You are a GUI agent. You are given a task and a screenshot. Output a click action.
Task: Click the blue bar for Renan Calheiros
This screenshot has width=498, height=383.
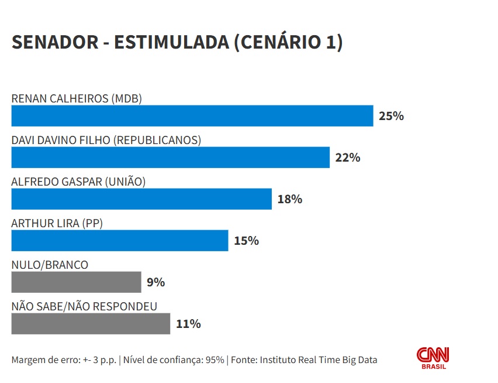pos(192,116)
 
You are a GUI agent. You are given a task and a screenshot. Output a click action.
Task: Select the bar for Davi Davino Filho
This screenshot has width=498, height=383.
pos(170,158)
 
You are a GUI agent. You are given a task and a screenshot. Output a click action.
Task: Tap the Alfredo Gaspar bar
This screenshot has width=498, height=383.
pos(141,199)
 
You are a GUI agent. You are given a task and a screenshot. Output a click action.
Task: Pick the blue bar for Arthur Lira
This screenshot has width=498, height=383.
pos(119,241)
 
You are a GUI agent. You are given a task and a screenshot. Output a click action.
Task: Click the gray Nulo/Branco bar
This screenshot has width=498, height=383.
pos(76,282)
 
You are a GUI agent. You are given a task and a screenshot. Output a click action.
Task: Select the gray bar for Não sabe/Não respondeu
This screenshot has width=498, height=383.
pos(91,324)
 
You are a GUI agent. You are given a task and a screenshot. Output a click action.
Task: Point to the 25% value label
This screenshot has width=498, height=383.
pos(391,116)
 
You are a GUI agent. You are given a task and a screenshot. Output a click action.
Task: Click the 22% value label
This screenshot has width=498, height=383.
pos(347,158)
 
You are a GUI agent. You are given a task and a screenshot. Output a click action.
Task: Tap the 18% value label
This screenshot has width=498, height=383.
pos(289,199)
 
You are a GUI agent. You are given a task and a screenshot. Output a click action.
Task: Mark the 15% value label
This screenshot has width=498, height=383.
pos(246,241)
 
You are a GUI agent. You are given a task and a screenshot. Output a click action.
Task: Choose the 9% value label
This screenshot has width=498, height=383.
pos(156,282)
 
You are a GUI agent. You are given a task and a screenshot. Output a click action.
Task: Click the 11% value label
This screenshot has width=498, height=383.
pos(188,324)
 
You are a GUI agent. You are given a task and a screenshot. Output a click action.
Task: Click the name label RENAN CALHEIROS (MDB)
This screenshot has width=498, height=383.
pos(77,98)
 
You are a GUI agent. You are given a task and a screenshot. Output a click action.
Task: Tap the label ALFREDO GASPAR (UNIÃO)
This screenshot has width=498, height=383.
pos(78,182)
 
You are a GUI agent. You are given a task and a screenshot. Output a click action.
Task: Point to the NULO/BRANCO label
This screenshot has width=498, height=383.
pos(50,265)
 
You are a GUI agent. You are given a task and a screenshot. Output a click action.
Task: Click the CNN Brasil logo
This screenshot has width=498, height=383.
pos(433,358)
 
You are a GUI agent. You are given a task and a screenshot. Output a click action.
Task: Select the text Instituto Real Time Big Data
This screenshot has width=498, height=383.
pos(319,360)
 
